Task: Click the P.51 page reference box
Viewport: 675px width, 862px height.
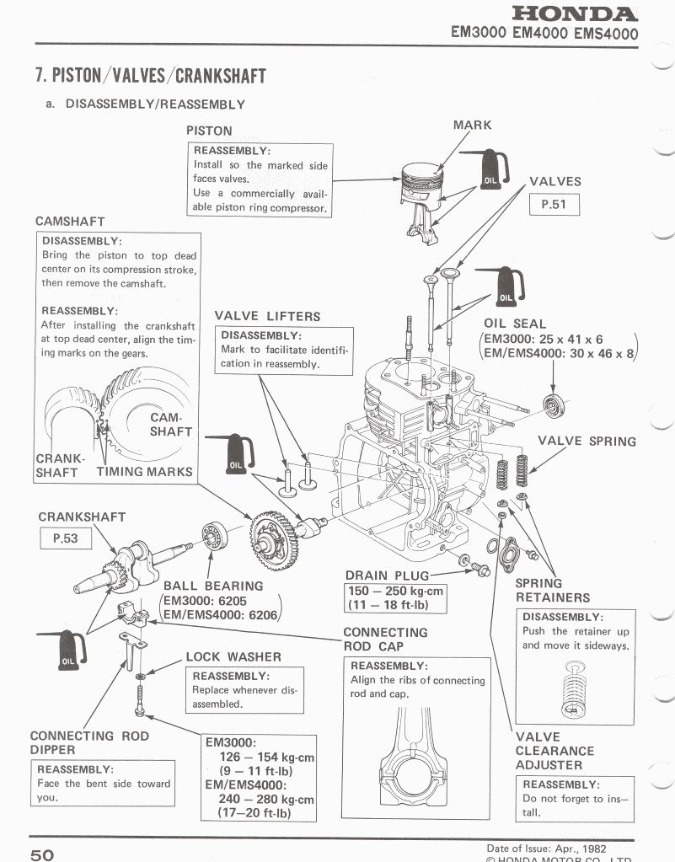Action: [553, 204]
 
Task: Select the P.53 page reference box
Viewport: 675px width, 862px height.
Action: [65, 538]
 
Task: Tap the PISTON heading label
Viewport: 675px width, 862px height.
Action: [209, 131]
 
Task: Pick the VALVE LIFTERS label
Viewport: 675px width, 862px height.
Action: [267, 316]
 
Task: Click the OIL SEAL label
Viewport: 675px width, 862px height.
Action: [515, 324]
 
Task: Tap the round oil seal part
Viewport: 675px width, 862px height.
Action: [554, 404]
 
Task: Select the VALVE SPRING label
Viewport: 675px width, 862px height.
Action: [587, 441]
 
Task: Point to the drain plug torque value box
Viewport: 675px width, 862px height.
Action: [394, 597]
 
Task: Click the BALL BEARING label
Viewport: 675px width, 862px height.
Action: [213, 586]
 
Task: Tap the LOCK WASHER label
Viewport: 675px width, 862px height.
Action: [233, 656]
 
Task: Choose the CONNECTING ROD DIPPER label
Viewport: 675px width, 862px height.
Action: [88, 742]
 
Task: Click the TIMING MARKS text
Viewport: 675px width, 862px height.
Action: [144, 472]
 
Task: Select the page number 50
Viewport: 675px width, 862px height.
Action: [42, 854]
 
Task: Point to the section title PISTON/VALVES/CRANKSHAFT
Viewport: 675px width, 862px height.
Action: [150, 75]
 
